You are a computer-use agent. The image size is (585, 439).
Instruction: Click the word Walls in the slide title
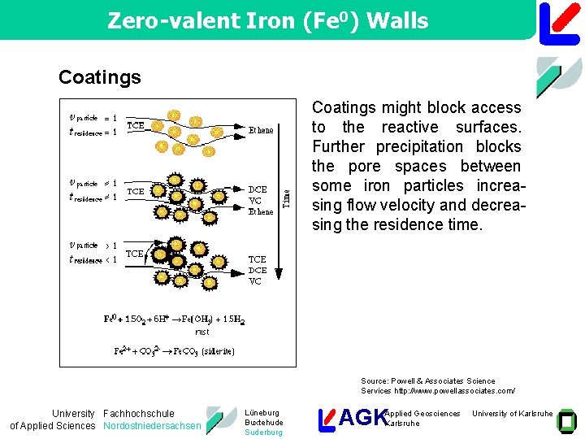(398, 20)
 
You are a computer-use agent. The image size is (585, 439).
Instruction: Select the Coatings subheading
(99, 77)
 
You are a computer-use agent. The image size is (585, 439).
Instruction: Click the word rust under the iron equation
(202, 331)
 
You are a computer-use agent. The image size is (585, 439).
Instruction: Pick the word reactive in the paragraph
(412, 127)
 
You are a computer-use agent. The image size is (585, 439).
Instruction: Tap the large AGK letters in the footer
(363, 418)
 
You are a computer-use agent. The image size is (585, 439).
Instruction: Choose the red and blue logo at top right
(559, 22)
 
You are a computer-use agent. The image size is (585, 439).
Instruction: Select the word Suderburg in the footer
(264, 432)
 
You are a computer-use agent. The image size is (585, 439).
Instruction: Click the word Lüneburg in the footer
(262, 413)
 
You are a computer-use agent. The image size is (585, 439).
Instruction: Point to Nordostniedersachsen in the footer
(152, 426)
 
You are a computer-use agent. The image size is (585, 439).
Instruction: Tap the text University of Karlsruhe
(513, 414)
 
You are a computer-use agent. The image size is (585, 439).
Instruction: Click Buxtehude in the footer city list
(264, 423)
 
